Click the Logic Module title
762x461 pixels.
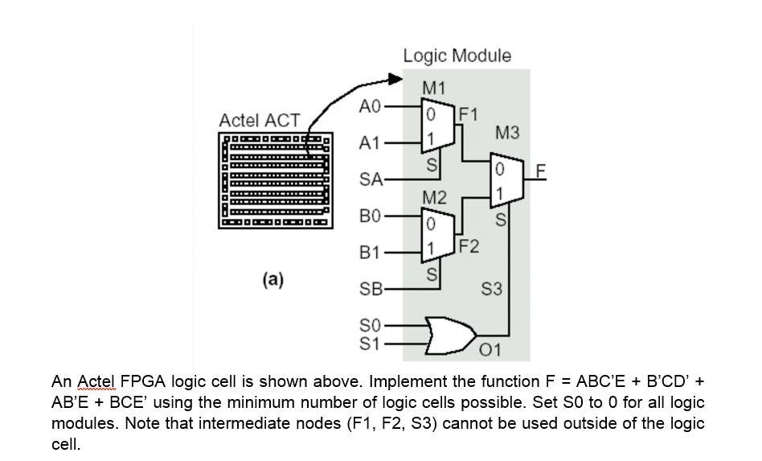click(457, 56)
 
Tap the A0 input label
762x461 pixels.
click(369, 106)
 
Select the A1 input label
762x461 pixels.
click(369, 143)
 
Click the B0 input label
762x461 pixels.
click(369, 216)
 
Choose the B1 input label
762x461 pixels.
click(369, 253)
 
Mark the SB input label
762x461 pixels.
click(371, 289)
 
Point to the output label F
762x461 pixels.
click(541, 171)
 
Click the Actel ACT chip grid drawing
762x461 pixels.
click(274, 180)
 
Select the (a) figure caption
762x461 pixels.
click(273, 279)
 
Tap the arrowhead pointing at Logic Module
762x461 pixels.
click(395, 79)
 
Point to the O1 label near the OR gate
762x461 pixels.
click(490, 350)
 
